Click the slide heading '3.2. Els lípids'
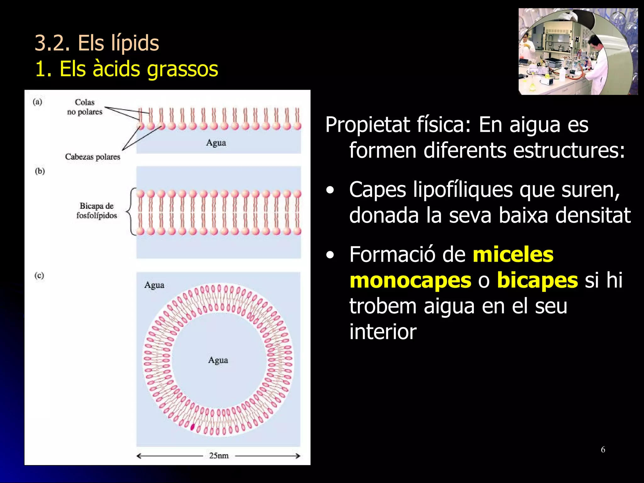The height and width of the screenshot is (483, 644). click(x=97, y=43)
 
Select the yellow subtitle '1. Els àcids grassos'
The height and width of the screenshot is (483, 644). click(x=126, y=69)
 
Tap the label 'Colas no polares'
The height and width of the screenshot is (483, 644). click(x=85, y=107)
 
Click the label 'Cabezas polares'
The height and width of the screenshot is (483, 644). click(x=92, y=157)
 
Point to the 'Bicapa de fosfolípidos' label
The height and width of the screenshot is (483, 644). click(x=97, y=211)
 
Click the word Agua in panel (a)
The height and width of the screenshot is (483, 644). click(x=216, y=143)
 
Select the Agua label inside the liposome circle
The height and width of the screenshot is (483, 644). click(x=218, y=360)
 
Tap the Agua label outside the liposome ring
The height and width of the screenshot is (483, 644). click(x=154, y=285)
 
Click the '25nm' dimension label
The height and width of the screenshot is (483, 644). click(x=219, y=456)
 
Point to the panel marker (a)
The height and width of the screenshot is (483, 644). click(x=37, y=102)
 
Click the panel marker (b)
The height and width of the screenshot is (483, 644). click(x=40, y=171)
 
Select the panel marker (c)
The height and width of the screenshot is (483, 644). click(x=39, y=275)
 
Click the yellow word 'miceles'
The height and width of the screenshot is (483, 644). click(x=513, y=254)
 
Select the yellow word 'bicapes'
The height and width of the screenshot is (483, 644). click(x=537, y=280)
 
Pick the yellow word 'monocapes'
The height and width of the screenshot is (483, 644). click(x=410, y=280)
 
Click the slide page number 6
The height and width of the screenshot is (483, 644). click(x=603, y=450)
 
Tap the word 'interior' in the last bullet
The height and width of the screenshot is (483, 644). click(x=383, y=332)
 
